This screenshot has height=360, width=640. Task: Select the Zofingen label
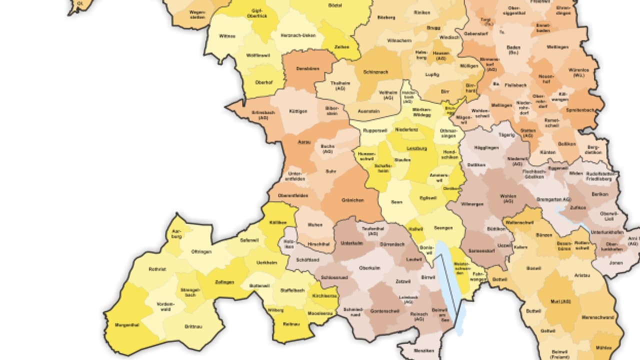[224, 282]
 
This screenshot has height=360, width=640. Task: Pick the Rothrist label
[157, 269]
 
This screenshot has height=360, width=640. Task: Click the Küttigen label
[298, 111]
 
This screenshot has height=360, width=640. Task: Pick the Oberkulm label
[369, 267]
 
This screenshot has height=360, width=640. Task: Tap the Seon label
[396, 202]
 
